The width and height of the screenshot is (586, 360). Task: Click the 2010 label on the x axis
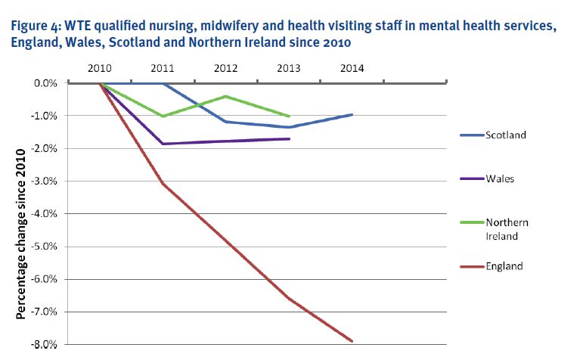point(100,68)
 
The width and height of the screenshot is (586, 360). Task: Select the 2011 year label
point(163,68)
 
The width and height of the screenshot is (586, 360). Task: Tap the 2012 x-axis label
point(226,68)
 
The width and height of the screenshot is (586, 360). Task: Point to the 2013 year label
point(289,68)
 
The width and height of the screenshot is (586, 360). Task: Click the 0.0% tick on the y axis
point(46,83)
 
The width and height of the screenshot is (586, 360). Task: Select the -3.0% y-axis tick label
point(45,182)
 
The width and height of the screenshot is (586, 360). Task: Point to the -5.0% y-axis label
point(45,247)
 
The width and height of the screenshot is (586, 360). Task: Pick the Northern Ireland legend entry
point(507,229)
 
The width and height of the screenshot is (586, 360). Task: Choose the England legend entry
point(504,266)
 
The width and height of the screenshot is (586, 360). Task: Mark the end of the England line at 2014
point(352,341)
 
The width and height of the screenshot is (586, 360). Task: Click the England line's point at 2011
point(163,184)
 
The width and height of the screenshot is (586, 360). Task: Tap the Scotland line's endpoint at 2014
point(352,114)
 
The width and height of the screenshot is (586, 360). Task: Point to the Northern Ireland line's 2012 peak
point(226,96)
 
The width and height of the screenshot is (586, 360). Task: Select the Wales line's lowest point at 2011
point(163,144)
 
